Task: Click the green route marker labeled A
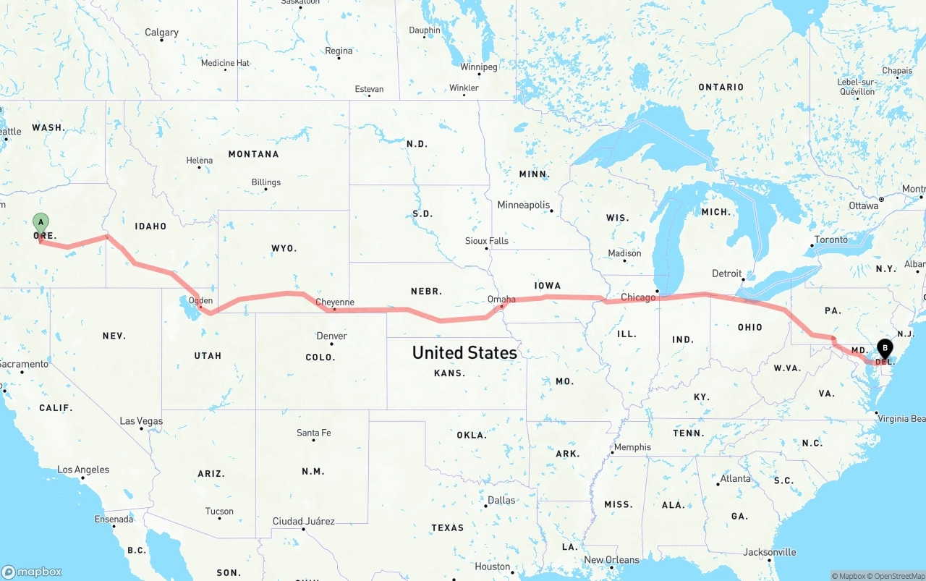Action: tap(41, 221)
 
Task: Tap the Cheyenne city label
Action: tap(335, 302)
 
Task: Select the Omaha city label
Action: tap(501, 299)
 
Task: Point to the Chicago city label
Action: tap(638, 297)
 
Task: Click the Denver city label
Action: tap(331, 336)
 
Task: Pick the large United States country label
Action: tap(464, 352)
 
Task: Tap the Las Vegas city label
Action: tap(141, 421)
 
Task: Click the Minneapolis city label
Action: tap(523, 205)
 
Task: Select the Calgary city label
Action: tap(161, 33)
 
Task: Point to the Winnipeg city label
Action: tap(478, 67)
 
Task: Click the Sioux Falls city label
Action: tap(486, 241)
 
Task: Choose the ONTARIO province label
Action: tap(721, 87)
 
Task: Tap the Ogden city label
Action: tap(200, 300)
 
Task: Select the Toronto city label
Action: tap(831, 239)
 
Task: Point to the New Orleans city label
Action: tap(611, 559)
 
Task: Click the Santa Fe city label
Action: tap(313, 433)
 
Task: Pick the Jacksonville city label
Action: tap(770, 552)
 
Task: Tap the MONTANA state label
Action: tap(253, 154)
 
